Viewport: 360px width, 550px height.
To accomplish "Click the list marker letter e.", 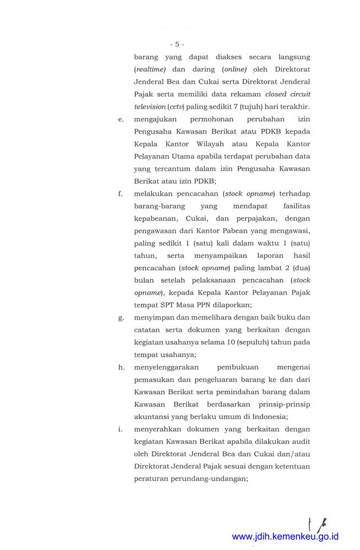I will click(121, 119).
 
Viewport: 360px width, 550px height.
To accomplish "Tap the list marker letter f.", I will click(121, 194).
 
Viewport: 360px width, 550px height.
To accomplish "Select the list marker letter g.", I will click(121, 317).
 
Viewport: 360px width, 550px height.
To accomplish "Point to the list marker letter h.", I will click(121, 367).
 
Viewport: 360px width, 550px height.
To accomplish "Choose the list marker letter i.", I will click(121, 429).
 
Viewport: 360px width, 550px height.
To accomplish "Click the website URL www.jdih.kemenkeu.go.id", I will click(285, 536).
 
